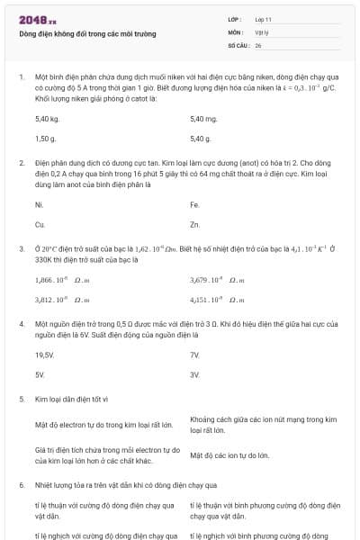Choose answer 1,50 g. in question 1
click(46, 139)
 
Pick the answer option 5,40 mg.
click(204, 119)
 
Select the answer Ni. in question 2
click(39, 205)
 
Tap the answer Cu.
click(40, 224)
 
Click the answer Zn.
click(195, 224)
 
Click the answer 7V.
click(195, 355)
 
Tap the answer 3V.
click(195, 373)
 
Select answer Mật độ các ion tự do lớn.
click(229, 455)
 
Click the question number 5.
click(22, 398)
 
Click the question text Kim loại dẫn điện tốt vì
click(71, 398)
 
